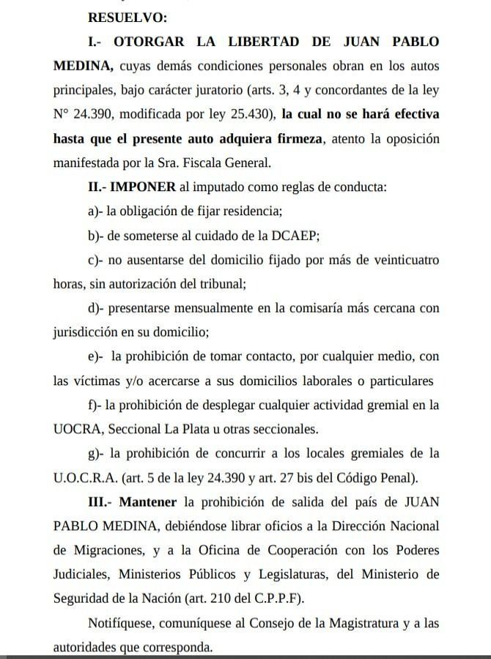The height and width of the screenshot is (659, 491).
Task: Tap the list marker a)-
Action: [95, 211]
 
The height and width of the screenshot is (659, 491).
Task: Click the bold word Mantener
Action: [148, 502]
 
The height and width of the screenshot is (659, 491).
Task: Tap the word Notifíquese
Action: [122, 624]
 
